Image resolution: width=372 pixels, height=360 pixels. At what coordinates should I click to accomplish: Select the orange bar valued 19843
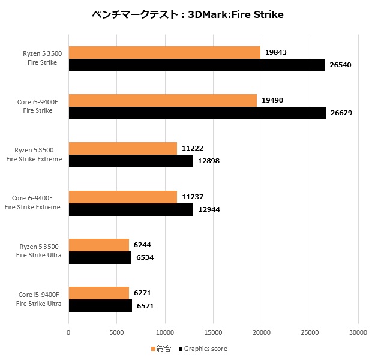tap(164, 53)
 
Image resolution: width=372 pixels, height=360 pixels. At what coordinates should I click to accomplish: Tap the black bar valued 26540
tap(196, 65)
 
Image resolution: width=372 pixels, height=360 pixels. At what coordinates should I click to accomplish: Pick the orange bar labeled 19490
tap(163, 101)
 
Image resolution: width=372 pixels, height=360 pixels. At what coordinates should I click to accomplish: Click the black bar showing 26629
tap(197, 113)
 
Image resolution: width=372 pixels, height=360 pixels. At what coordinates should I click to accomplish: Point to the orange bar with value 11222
tap(123, 149)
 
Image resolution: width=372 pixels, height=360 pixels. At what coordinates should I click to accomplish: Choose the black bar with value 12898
tap(131, 161)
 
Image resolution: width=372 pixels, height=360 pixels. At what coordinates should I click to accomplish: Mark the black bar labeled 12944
tap(131, 209)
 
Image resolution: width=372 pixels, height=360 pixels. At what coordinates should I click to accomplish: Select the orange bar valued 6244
tap(99, 245)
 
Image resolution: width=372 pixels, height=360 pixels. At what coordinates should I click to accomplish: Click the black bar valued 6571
tap(100, 305)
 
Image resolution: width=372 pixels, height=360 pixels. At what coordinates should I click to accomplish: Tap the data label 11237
tap(193, 197)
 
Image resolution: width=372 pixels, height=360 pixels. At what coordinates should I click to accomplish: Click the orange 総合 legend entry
tap(160, 349)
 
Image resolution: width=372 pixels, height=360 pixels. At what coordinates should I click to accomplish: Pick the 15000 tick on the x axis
tap(214, 332)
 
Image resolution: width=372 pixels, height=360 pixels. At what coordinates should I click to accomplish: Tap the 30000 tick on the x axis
tap(358, 332)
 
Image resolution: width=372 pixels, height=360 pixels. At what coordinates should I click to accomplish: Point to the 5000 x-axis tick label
tap(117, 332)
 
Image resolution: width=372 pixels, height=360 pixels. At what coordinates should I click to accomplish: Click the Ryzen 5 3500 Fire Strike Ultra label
tap(40, 251)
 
